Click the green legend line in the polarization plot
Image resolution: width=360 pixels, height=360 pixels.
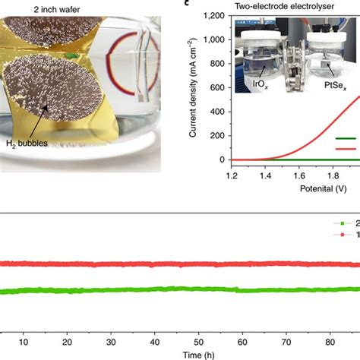point(346,138)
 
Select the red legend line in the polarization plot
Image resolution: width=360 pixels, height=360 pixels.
point(346,150)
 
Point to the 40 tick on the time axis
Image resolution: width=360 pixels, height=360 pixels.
point(156,341)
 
